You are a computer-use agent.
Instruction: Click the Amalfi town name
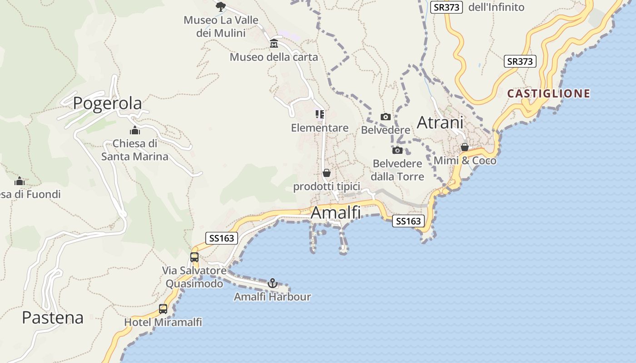pyautogui.click(x=336, y=212)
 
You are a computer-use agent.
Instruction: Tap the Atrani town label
pyautogui.click(x=440, y=123)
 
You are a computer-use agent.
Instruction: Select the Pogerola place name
pyautogui.click(x=107, y=103)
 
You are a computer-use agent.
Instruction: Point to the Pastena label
pyautogui.click(x=53, y=318)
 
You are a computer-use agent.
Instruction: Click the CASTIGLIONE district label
pyautogui.click(x=549, y=93)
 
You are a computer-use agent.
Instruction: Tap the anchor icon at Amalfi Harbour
pyautogui.click(x=273, y=283)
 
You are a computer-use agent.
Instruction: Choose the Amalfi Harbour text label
pyautogui.click(x=273, y=297)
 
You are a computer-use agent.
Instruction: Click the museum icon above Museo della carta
pyautogui.click(x=274, y=44)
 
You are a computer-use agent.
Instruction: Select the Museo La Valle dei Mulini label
pyautogui.click(x=221, y=26)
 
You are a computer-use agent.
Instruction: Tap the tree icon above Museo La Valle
pyautogui.click(x=221, y=6)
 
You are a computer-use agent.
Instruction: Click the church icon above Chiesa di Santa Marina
pyautogui.click(x=134, y=131)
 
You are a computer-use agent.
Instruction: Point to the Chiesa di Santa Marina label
pyautogui.click(x=134, y=150)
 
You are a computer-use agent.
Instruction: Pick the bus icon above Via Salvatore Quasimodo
pyautogui.click(x=194, y=257)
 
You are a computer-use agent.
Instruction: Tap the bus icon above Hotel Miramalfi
pyautogui.click(x=163, y=309)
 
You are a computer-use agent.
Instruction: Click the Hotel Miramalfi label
pyautogui.click(x=163, y=322)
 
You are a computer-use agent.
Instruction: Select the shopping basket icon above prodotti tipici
pyautogui.click(x=326, y=173)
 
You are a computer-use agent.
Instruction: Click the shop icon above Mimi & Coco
pyautogui.click(x=465, y=147)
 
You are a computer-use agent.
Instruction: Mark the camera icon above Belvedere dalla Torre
pyautogui.click(x=397, y=150)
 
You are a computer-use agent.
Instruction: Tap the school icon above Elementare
pyautogui.click(x=320, y=114)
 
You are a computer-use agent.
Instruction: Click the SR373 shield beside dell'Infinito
pyautogui.click(x=446, y=7)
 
